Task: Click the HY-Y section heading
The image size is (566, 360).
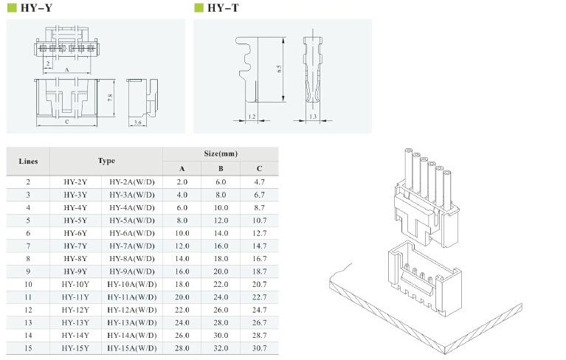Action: click(36, 7)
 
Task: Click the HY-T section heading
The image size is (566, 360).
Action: click(223, 7)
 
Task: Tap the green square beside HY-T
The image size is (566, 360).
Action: click(199, 7)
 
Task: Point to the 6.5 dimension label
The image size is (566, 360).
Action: click(279, 69)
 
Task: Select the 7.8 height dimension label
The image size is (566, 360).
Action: click(110, 97)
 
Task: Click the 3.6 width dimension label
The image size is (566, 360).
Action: click(137, 122)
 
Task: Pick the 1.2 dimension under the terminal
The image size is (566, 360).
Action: click(252, 117)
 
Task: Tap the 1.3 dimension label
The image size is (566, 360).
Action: click(313, 117)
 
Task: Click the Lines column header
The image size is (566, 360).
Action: click(28, 162)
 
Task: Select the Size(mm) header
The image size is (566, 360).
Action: click(221, 153)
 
